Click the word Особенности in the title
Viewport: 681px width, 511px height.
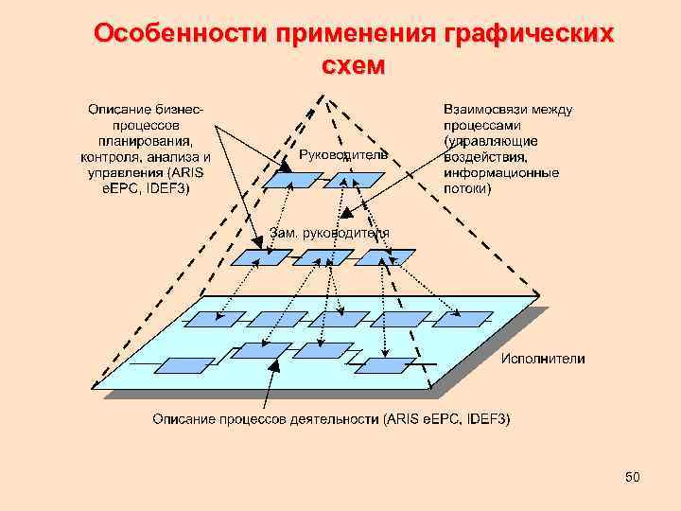pos(182,34)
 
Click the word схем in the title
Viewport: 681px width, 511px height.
pos(354,65)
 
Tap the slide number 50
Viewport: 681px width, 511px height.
pos(633,478)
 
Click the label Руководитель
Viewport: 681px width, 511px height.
pos(342,154)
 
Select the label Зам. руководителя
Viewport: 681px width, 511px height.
pos(329,233)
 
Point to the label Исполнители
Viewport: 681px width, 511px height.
pos(542,359)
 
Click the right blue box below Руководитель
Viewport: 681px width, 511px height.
pos(356,180)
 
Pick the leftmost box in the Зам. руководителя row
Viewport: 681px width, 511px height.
pos(262,256)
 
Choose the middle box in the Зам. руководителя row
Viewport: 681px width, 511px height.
pos(323,256)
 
